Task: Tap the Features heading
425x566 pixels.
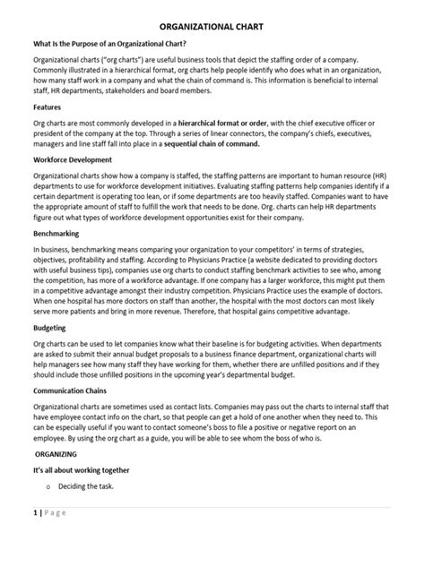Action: pyautogui.click(x=49, y=106)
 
